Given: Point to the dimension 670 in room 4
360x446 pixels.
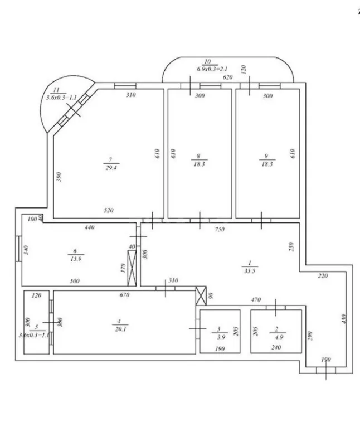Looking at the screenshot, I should click(x=124, y=294).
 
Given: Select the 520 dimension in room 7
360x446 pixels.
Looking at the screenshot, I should click(x=109, y=210).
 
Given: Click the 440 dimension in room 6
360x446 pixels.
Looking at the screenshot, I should click(x=91, y=227).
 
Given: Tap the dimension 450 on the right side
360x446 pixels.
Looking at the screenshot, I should click(x=344, y=318).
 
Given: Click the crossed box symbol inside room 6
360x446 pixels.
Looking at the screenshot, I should click(x=133, y=269).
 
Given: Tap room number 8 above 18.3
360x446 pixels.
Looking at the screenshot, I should click(x=198, y=157).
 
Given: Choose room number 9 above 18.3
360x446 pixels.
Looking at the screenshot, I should click(x=266, y=157).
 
